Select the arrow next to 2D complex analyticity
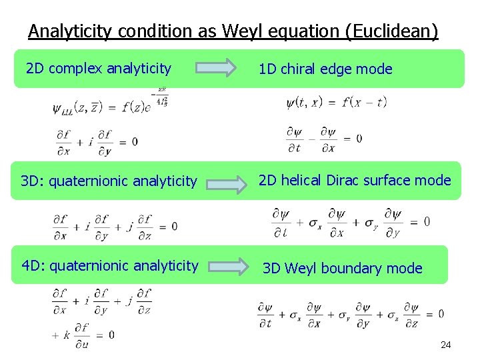coord(216,68)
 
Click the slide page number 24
coord(446,345)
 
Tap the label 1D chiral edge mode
coord(325,69)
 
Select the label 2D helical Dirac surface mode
coord(355,180)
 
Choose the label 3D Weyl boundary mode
coord(343,268)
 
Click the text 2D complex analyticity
coord(98,68)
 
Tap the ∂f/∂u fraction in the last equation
coord(82,334)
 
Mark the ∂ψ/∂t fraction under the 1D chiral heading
coord(294,139)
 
